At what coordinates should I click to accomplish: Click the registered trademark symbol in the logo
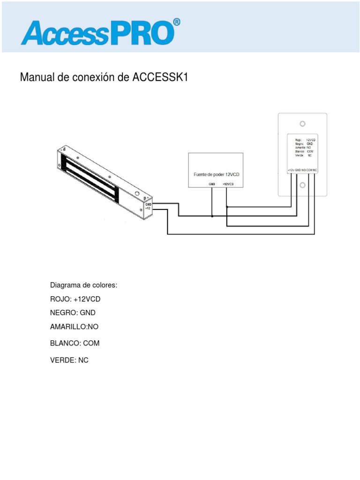(176, 22)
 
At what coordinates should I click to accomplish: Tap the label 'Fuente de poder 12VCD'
(216, 174)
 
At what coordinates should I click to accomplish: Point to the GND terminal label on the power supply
(212, 184)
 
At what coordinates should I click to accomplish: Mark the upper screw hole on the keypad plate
(303, 124)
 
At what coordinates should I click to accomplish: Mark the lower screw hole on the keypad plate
(303, 186)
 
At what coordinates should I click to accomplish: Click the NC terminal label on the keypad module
(315, 170)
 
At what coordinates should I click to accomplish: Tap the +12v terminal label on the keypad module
(291, 170)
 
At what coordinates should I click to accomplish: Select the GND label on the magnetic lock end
(148, 204)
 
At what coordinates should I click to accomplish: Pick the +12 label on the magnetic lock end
(148, 209)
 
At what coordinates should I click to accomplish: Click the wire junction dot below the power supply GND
(212, 216)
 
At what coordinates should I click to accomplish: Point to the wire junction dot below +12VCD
(227, 206)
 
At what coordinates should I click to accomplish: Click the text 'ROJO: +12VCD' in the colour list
(75, 299)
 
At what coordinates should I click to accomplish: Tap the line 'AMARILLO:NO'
(75, 326)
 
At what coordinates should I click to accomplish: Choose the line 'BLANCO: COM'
(75, 343)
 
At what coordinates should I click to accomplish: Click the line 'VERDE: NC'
(69, 360)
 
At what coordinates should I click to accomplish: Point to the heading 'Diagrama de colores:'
(83, 285)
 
